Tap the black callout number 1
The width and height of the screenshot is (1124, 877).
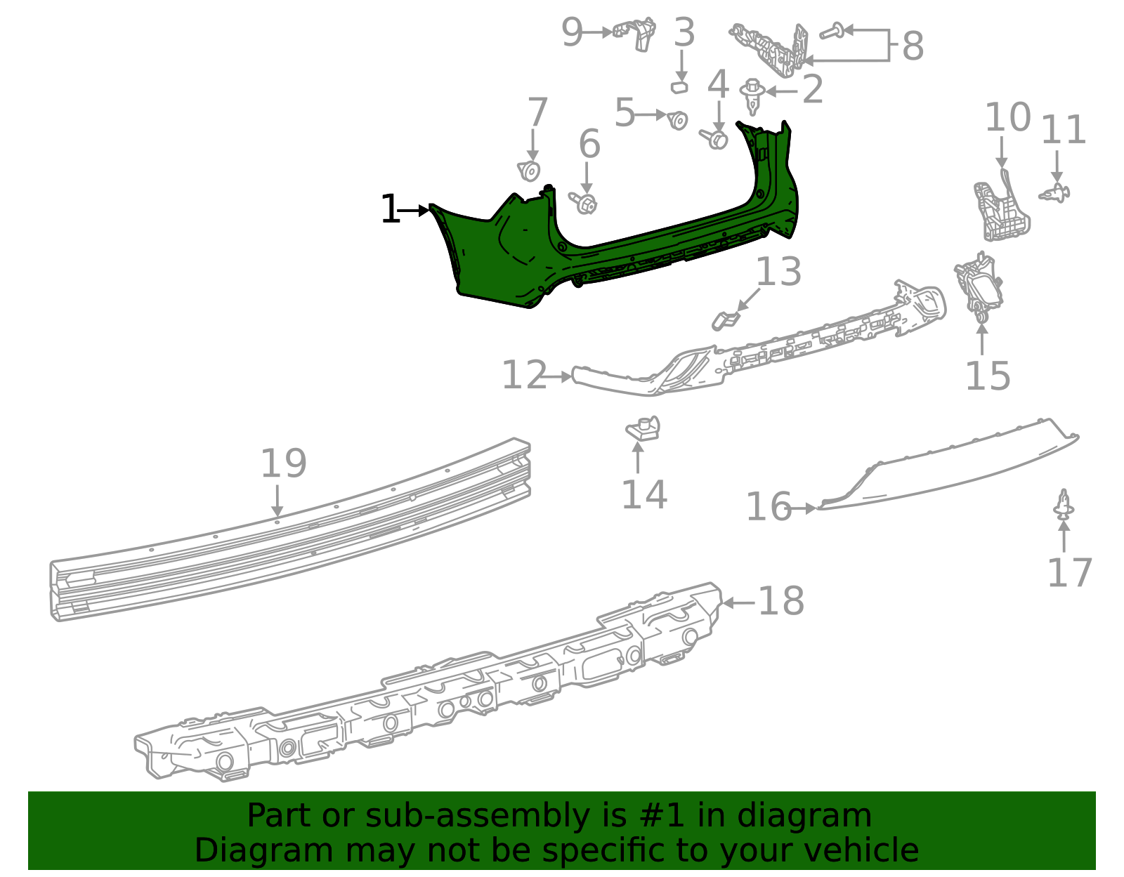390,210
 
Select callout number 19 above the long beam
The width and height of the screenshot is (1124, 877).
284,463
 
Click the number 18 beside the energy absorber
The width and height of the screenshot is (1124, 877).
781,601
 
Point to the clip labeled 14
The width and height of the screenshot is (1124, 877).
643,428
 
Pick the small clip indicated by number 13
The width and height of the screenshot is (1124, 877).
725,320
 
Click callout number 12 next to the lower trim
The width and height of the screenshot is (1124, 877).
524,375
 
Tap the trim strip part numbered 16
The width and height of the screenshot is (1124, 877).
948,467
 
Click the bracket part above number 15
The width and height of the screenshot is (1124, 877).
979,285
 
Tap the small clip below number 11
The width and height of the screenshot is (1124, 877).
1055,192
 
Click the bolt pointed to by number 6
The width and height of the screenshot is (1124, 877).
585,204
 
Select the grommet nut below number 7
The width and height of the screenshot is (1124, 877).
530,171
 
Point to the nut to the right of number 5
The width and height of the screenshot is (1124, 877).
677,120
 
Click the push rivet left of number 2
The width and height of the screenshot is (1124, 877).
753,95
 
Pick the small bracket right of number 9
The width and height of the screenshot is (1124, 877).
636,32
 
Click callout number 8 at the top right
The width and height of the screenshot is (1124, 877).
912,46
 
